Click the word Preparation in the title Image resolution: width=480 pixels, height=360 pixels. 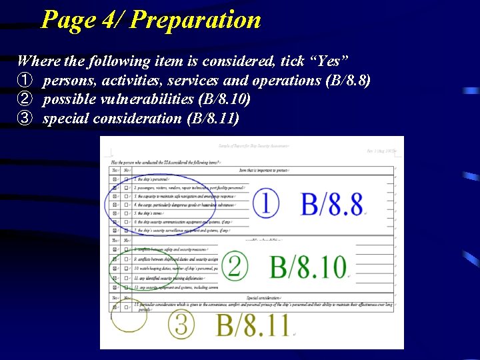(195, 19)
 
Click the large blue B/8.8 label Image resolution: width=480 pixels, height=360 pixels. (331, 205)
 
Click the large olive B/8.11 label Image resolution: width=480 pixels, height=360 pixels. (253, 325)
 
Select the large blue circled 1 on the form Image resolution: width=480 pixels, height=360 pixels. (265, 203)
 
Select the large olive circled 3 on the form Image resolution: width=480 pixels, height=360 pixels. (182, 325)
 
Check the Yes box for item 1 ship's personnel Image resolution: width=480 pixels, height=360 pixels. (115, 179)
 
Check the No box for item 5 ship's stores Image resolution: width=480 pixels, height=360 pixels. (127, 213)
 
